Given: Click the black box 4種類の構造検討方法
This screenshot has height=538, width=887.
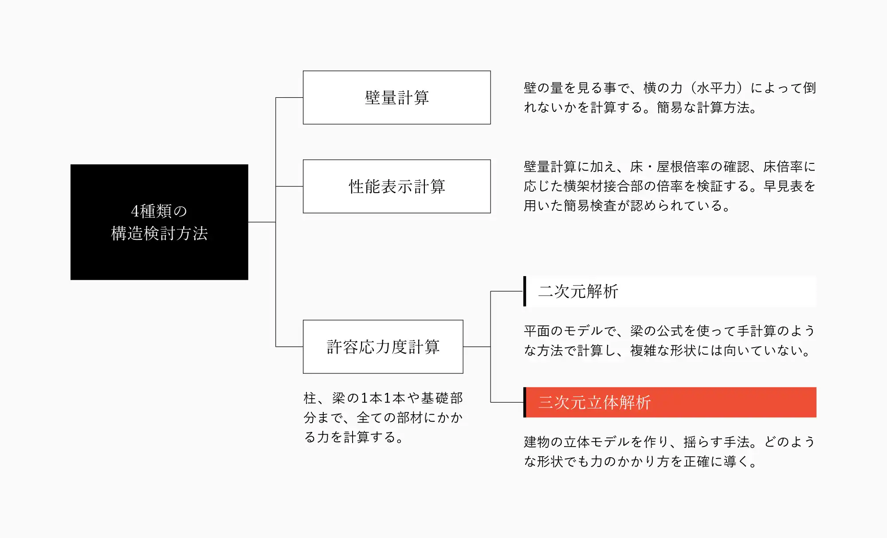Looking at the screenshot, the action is click(159, 222).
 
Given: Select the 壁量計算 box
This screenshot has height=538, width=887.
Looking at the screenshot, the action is click(396, 98).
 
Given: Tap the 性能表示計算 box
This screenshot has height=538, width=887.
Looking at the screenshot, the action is click(396, 186).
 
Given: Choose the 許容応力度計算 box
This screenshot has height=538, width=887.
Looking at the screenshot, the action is click(383, 347).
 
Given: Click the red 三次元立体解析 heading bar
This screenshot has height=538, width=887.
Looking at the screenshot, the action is click(670, 402).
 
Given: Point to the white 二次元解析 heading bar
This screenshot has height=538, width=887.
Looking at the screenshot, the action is click(670, 291).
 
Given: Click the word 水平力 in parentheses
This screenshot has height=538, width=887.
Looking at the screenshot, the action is click(716, 88).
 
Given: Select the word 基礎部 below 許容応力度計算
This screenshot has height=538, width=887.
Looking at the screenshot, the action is click(442, 398).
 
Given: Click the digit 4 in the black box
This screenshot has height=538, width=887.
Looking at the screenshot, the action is click(135, 211).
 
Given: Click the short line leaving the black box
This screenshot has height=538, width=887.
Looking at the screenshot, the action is click(262, 222).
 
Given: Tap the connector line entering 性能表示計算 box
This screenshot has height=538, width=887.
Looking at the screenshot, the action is click(289, 186).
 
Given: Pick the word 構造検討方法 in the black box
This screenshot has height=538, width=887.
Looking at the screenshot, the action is click(159, 233).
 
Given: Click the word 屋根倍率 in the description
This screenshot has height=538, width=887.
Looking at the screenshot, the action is click(683, 166).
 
